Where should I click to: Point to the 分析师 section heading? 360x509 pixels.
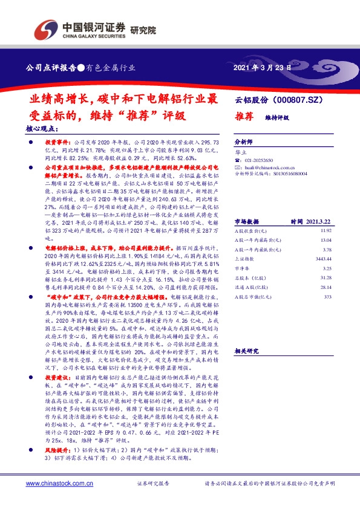[244, 138]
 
